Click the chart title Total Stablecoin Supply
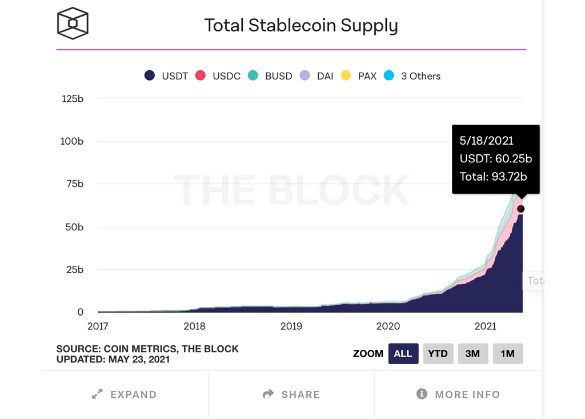point(301,25)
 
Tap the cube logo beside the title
point(73,23)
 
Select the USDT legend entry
point(166,76)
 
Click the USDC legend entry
point(218,76)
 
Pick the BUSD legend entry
point(271,76)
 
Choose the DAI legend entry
point(317,76)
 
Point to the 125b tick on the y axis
point(72,98)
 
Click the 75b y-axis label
point(74,184)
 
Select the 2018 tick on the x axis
point(195,326)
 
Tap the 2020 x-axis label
point(388,326)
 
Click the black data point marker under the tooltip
point(520,209)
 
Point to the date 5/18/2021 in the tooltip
point(486,141)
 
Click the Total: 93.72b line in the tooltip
point(493,177)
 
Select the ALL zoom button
point(403,353)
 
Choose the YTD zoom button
point(438,353)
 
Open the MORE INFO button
point(459,394)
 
